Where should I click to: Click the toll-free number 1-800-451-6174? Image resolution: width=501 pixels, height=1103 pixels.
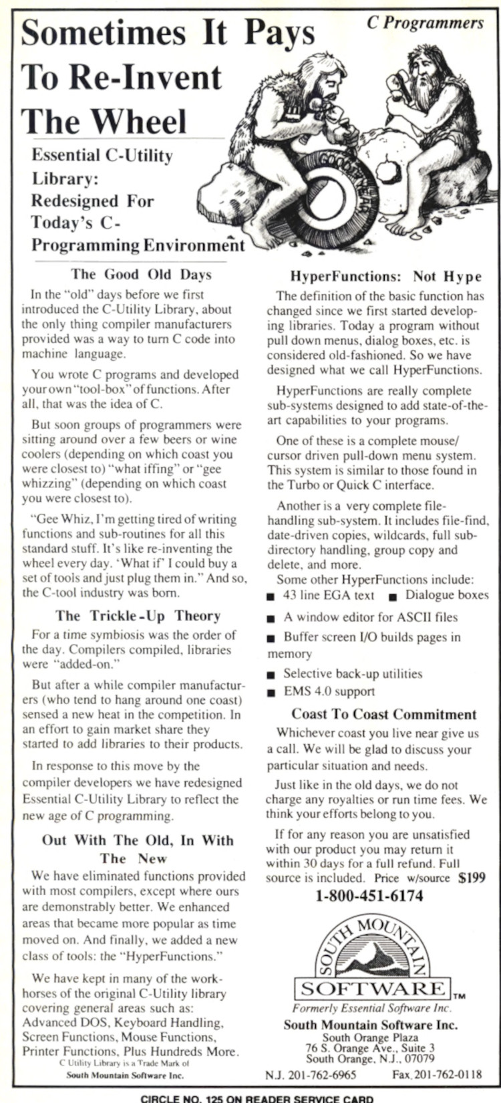coord(369,896)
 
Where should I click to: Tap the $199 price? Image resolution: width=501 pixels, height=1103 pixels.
coord(472,878)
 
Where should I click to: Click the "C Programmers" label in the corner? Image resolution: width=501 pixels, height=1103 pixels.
coord(426,23)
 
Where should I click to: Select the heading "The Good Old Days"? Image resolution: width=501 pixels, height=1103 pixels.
coord(141,273)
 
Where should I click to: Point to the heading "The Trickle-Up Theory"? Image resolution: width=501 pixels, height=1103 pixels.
coord(138,616)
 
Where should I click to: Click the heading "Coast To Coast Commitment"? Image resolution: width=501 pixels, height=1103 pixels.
coord(384,714)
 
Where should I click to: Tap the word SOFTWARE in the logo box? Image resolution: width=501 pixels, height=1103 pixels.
coord(373,989)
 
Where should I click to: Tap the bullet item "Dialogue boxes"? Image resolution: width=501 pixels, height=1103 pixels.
coord(447,595)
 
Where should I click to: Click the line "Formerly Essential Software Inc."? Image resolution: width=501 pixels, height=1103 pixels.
coord(371,1008)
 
